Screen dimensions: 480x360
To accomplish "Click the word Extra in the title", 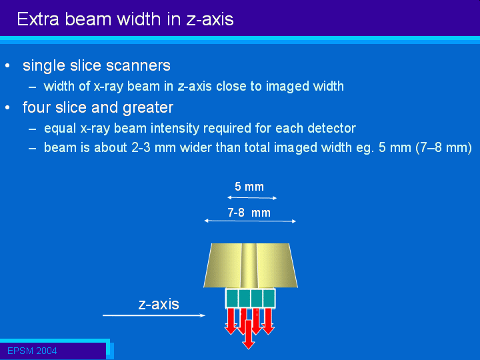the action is [x=37, y=19].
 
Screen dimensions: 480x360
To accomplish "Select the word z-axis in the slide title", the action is [x=210, y=19].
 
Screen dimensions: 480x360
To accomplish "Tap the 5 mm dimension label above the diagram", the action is [x=249, y=187].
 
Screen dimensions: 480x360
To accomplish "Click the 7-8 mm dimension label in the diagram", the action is [x=249, y=213].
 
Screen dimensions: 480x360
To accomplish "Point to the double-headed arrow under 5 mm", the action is [x=252, y=198].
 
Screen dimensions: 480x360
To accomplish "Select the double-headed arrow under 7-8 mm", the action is [x=250, y=221].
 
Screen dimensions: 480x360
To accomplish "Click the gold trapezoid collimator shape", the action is [x=251, y=265].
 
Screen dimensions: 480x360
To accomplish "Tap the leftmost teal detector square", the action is [x=232, y=299].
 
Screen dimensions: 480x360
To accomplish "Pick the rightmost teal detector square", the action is [x=269, y=299].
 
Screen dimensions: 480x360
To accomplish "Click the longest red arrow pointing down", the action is [x=249, y=335].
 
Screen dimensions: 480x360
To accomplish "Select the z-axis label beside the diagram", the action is [x=159, y=304].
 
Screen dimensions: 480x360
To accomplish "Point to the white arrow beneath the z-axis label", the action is [x=154, y=315].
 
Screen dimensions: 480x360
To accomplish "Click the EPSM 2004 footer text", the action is [x=32, y=351].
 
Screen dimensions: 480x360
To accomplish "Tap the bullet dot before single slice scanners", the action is [x=7, y=66].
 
